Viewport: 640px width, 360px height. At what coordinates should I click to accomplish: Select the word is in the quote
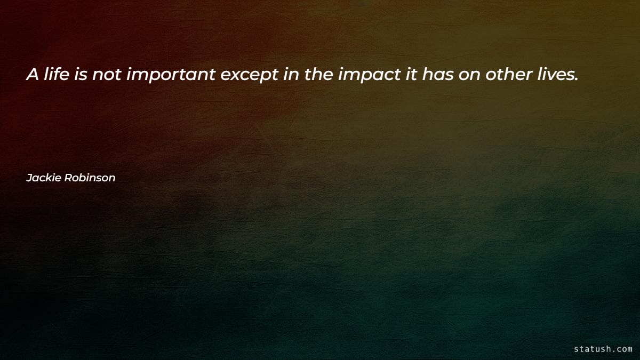click(81, 75)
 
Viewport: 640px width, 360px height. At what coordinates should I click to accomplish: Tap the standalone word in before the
click(291, 75)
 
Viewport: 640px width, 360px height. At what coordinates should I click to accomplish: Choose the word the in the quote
click(319, 75)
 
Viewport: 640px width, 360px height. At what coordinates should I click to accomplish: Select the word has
click(436, 75)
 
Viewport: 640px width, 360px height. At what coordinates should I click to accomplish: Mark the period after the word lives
click(576, 80)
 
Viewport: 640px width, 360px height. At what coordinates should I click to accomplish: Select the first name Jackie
click(44, 178)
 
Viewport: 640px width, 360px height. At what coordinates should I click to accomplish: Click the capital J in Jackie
click(29, 178)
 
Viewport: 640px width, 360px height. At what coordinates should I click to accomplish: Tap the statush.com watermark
click(603, 349)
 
